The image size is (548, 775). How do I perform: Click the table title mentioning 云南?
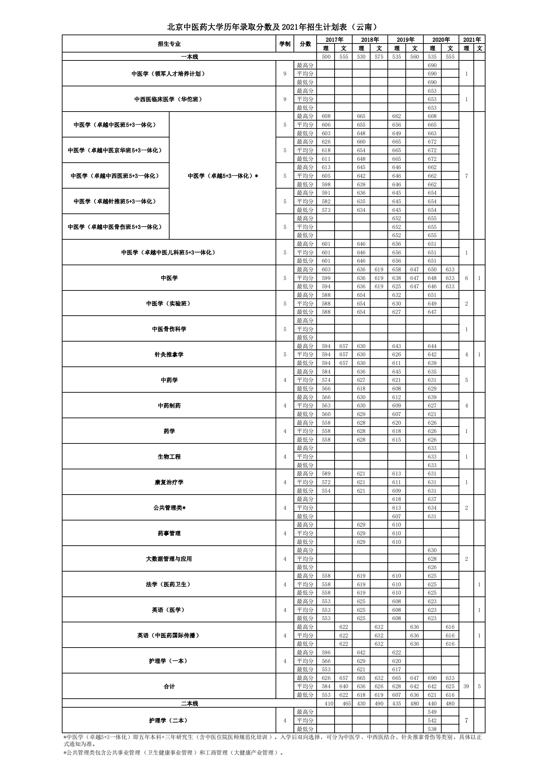[x=272, y=27]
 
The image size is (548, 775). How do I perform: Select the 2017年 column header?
[x=334, y=39]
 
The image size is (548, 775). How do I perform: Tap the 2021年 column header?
[x=472, y=39]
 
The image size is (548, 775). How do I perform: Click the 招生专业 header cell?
[x=169, y=44]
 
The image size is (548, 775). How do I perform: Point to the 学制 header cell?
[x=285, y=44]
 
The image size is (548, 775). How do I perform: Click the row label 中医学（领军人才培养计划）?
[x=169, y=74]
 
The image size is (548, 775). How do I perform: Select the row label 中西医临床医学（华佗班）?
[x=169, y=99]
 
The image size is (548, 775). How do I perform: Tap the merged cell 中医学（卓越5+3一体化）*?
[x=223, y=176]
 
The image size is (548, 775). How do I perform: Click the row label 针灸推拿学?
[x=169, y=354]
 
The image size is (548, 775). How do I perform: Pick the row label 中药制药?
[x=169, y=405]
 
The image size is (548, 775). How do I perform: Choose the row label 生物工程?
[x=169, y=457]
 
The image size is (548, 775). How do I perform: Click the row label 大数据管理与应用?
[x=169, y=559]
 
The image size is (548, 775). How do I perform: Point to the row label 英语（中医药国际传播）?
[x=169, y=635]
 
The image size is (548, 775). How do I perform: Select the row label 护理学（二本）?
[x=169, y=720]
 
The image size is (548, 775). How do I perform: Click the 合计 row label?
[x=169, y=686]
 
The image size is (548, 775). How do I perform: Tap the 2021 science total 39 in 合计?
[x=466, y=686]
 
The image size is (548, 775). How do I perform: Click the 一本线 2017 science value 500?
[x=326, y=57]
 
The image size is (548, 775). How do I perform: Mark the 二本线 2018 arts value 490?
[x=379, y=704]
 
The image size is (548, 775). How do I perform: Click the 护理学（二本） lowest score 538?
[x=432, y=729]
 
